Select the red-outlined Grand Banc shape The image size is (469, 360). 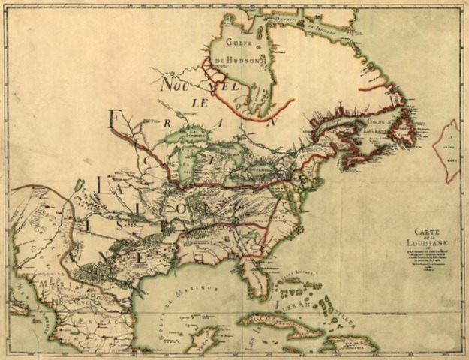coord(451,150)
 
